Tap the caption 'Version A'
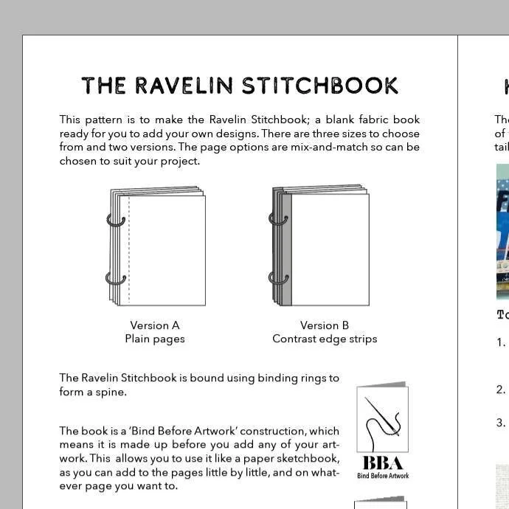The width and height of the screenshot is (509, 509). (155, 325)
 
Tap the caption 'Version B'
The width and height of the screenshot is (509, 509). (325, 325)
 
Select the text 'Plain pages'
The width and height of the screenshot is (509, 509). (155, 339)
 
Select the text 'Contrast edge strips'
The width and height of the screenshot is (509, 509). (325, 339)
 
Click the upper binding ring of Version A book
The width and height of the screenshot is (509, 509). (116, 219)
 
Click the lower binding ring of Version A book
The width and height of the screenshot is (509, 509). (116, 278)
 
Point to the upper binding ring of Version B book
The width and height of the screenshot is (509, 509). (278, 219)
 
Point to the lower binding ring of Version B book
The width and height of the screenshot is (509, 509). (278, 278)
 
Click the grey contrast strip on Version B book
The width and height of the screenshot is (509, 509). (287, 251)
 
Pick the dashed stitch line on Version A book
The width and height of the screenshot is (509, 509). (129, 251)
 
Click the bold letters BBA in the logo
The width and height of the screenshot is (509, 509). (383, 463)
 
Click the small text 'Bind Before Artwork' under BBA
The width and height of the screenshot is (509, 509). (383, 476)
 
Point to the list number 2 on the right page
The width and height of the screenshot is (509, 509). (501, 390)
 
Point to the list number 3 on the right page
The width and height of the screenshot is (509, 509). (501, 423)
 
